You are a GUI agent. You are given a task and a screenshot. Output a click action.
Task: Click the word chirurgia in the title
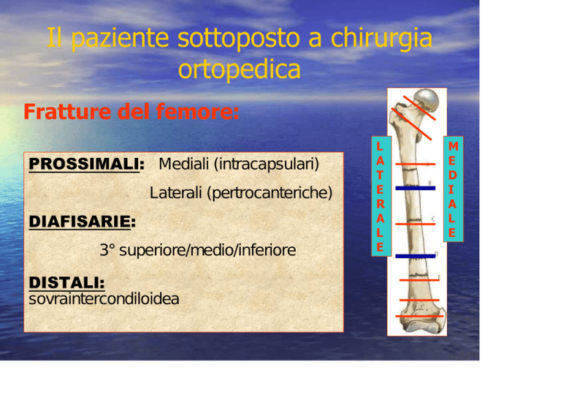[x=381, y=39]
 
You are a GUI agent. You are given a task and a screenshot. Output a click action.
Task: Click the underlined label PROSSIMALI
[x=84, y=165]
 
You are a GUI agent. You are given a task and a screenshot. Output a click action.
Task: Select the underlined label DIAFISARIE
[x=80, y=222]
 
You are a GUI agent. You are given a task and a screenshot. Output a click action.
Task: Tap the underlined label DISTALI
[x=66, y=283]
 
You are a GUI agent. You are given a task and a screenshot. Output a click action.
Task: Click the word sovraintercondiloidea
[x=104, y=299]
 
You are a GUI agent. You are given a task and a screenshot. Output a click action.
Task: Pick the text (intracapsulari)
[x=267, y=165]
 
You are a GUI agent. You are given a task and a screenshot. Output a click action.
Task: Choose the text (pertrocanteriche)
[x=270, y=193]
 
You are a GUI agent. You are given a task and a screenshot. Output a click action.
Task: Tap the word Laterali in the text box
[x=175, y=192]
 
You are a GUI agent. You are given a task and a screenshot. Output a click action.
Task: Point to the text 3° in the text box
[x=107, y=250]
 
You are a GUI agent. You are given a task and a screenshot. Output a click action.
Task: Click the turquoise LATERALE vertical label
[x=381, y=196]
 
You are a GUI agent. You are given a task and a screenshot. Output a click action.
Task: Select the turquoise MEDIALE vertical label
[x=454, y=189]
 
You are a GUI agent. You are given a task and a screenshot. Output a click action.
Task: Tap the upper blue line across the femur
[x=416, y=189]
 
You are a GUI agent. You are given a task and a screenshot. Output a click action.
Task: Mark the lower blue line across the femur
[x=416, y=256]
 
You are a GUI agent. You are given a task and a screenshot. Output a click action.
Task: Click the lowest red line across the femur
[x=419, y=317]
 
